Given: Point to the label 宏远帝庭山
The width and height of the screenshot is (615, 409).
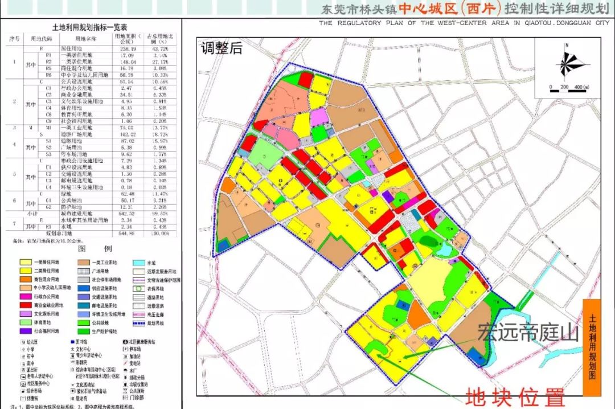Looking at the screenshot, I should pyautogui.click(x=527, y=332).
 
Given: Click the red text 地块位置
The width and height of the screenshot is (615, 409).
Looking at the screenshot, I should pyautogui.click(x=515, y=397).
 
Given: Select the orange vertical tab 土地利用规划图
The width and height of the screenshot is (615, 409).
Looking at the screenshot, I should pyautogui.click(x=592, y=347).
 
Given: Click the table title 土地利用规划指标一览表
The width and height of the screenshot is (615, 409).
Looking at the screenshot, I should pyautogui.click(x=90, y=27).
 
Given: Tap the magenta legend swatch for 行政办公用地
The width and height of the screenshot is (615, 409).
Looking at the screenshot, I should pyautogui.click(x=26, y=297).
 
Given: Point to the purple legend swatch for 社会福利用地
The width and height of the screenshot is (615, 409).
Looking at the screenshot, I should pyautogui.click(x=26, y=331).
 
